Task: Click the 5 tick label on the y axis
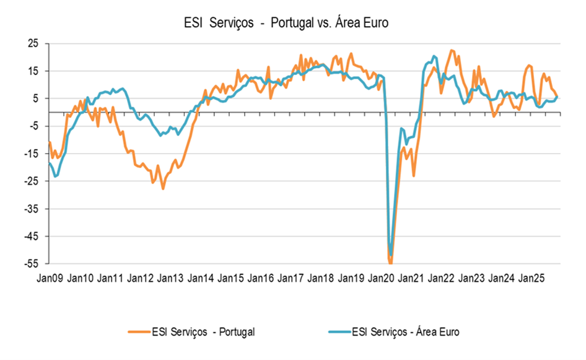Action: [x=35, y=99]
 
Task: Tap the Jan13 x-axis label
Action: [x=170, y=279]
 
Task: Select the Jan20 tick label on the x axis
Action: [x=380, y=279]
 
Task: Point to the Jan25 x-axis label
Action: [x=531, y=279]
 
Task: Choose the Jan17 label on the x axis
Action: [x=291, y=279]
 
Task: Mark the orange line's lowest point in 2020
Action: [x=390, y=263]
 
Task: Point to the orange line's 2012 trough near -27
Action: [x=163, y=188]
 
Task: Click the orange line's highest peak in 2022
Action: [x=451, y=50]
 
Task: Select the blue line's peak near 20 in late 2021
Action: [x=434, y=56]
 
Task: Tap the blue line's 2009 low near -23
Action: [x=56, y=177]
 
